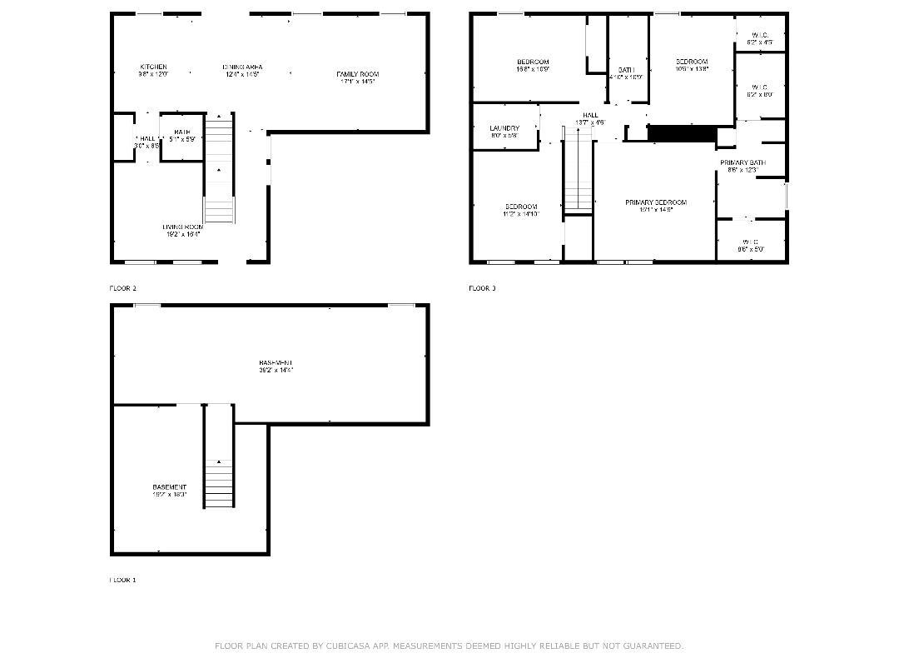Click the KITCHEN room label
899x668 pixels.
point(153,67)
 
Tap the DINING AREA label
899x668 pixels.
point(242,67)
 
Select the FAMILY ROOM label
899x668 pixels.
point(358,74)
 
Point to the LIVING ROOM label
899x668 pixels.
point(182,227)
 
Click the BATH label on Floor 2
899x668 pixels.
point(181,132)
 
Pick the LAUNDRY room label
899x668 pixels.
point(504,128)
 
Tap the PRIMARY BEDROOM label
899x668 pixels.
point(656,202)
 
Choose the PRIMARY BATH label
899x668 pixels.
point(743,162)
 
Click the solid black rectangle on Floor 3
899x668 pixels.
point(682,133)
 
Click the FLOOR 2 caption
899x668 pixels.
point(122,288)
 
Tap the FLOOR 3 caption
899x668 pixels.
point(482,288)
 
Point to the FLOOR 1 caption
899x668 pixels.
point(122,580)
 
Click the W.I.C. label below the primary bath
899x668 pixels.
point(750,242)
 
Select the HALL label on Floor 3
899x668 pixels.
point(590,115)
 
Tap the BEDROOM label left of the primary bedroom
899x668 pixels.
point(521,207)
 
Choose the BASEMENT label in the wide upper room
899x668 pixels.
point(276,362)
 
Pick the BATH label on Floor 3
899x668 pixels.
point(626,70)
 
